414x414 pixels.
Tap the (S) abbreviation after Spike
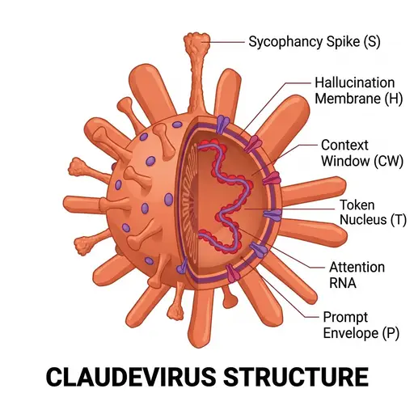(372, 42)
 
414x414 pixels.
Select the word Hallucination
(355, 82)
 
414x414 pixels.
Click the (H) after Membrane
(394, 98)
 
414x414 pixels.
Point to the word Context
(344, 145)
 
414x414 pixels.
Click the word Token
(357, 205)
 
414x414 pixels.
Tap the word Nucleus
(363, 219)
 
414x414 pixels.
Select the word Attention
(357, 267)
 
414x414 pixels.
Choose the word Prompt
(345, 318)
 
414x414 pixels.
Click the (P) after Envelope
(391, 333)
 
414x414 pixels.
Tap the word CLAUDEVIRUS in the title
(131, 376)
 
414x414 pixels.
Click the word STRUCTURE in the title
(296, 376)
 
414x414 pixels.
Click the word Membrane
(348, 98)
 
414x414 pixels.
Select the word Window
(345, 161)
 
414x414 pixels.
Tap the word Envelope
(351, 333)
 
